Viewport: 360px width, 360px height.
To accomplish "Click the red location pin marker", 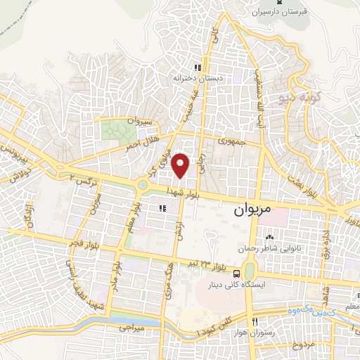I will point(182,165).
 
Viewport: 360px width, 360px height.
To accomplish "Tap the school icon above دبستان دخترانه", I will point(198,68).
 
